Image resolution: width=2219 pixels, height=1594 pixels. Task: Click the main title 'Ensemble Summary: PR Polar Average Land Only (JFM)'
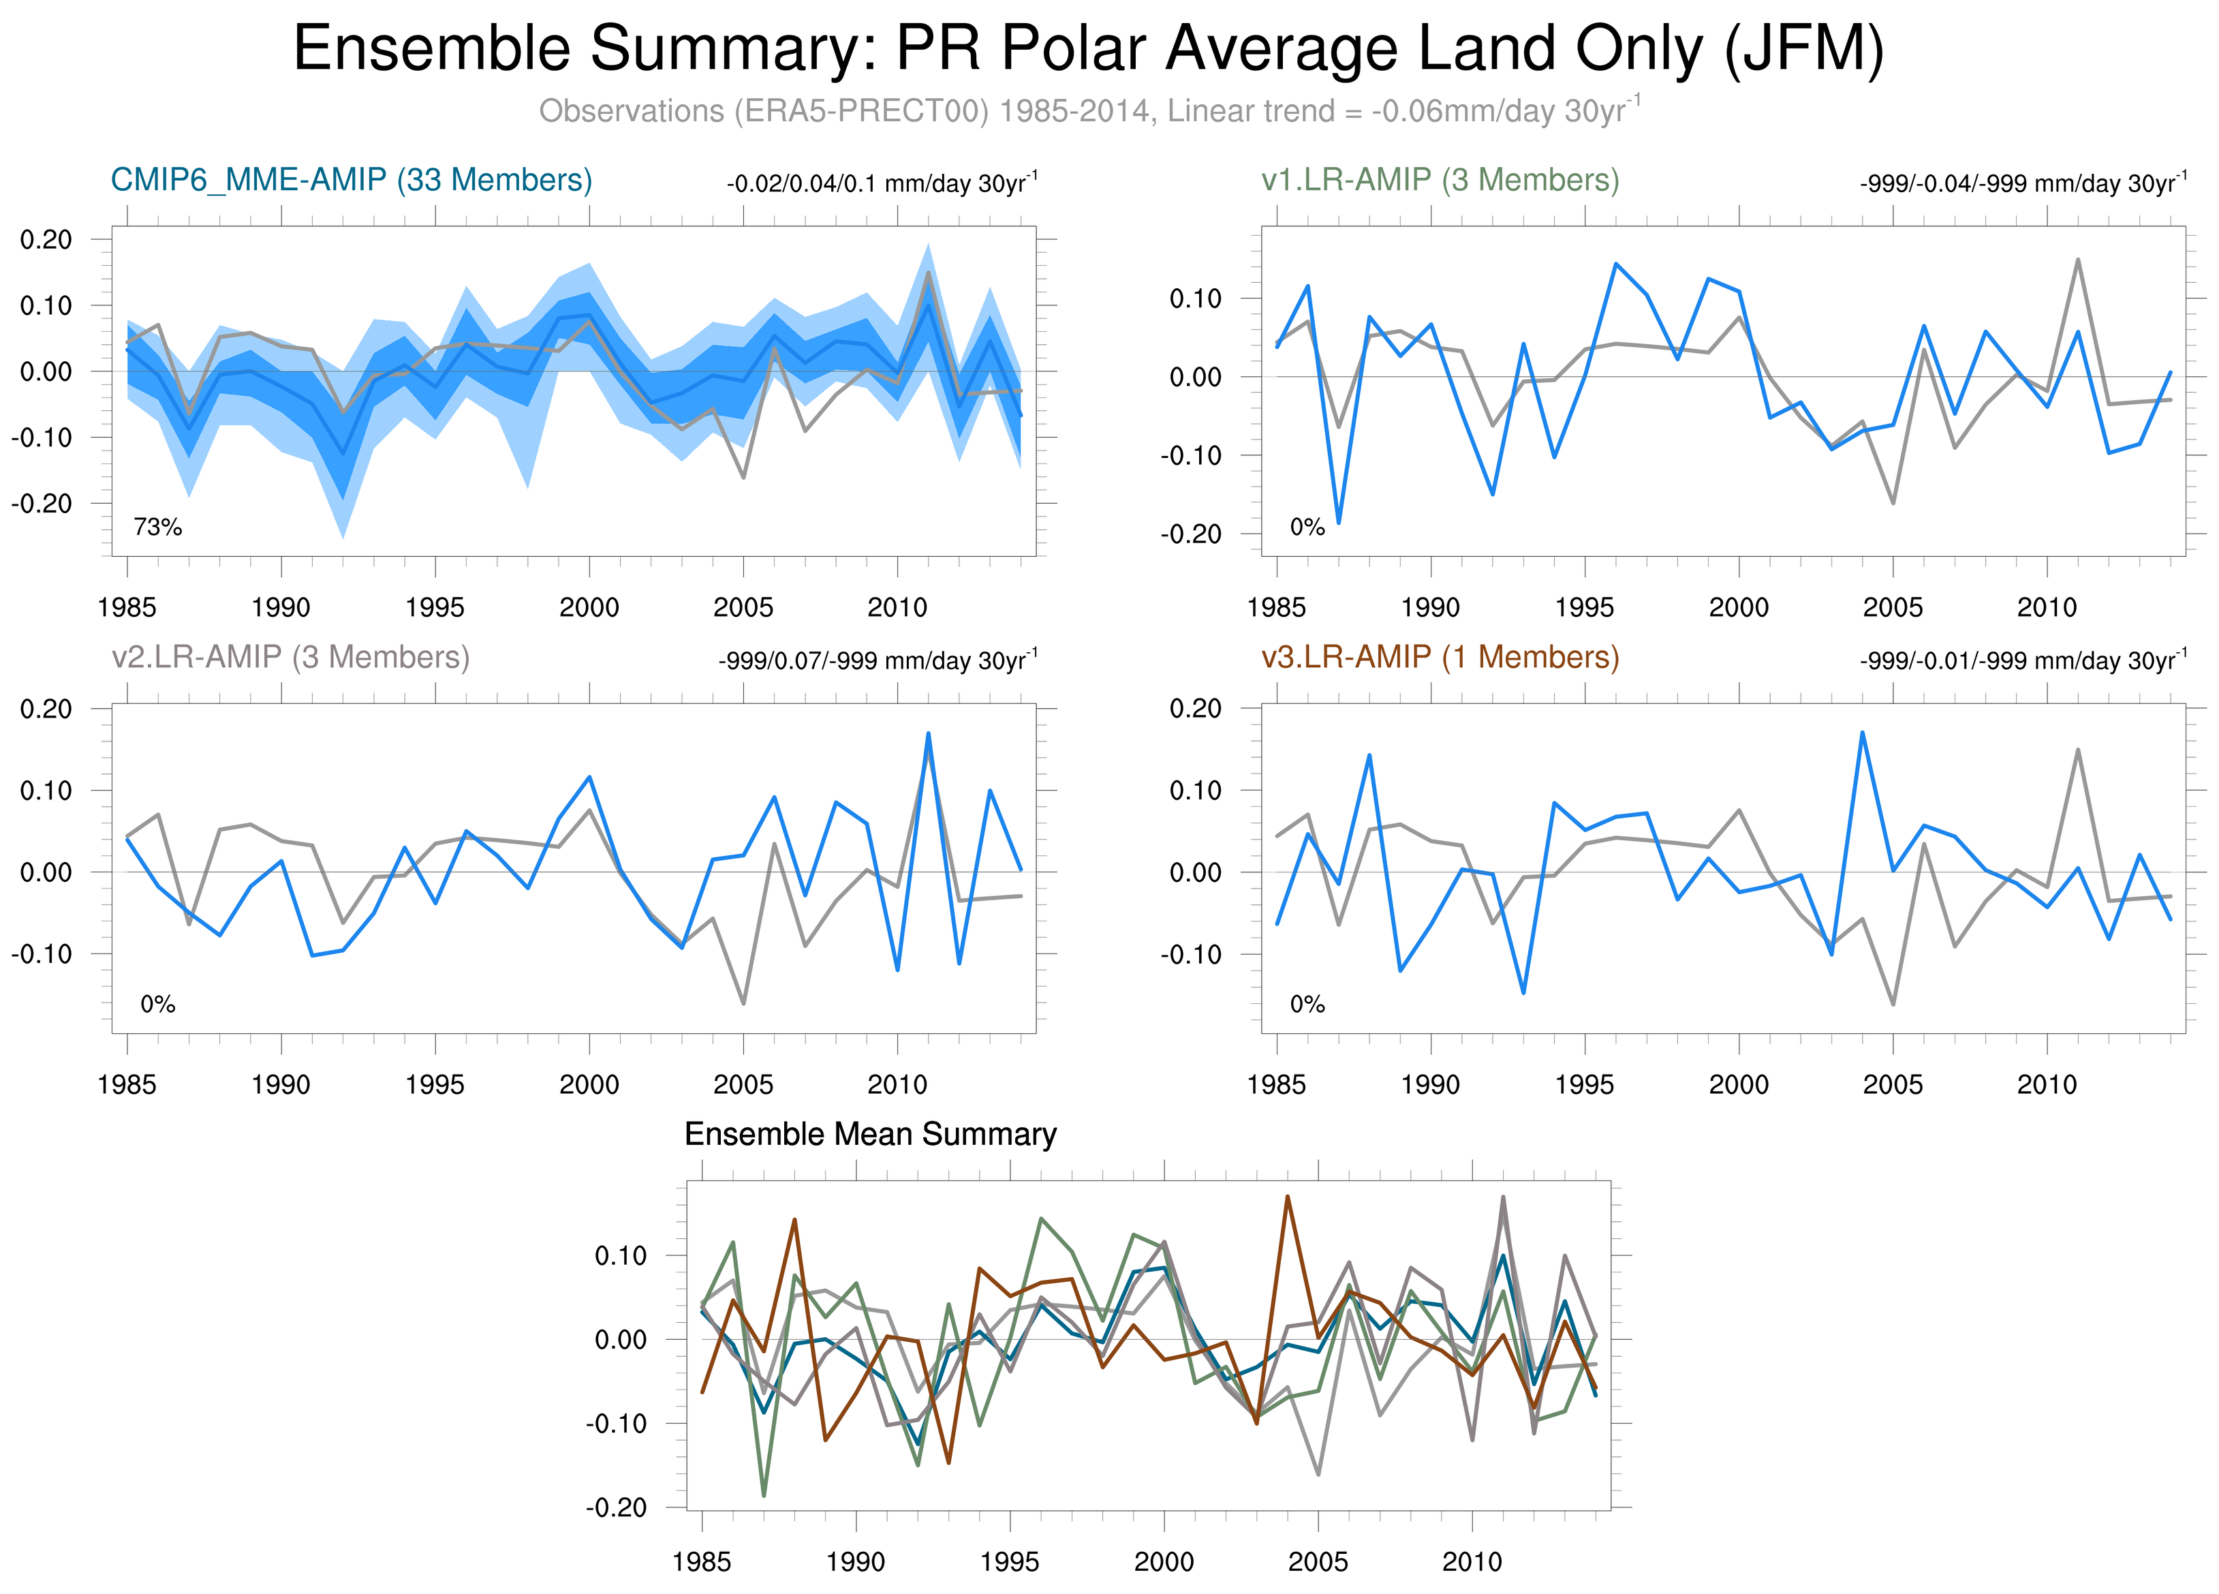tap(1088, 49)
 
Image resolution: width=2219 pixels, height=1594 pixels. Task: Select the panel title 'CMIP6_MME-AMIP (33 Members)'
tap(352, 180)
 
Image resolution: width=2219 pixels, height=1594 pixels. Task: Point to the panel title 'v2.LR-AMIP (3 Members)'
tap(291, 656)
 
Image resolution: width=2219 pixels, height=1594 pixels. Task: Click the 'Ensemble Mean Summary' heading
tap(870, 1134)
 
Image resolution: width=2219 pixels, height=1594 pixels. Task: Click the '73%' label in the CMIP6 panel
tap(157, 527)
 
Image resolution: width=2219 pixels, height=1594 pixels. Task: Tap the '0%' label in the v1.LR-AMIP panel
tap(1307, 527)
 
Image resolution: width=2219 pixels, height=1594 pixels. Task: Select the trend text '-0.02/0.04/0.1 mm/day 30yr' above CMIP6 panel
tap(880, 183)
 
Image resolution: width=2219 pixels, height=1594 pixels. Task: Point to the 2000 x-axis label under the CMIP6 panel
tap(589, 608)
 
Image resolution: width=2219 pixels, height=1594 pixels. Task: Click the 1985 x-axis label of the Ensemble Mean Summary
tap(702, 1562)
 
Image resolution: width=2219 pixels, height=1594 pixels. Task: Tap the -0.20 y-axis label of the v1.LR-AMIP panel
tap(1191, 534)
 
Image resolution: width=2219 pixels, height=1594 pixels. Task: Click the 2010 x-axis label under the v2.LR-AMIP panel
tap(897, 1084)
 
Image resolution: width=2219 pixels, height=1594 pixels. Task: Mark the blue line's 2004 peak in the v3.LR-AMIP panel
tap(1862, 732)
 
